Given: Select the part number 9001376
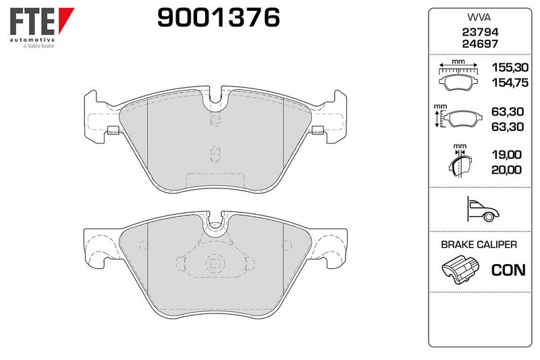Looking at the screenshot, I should [x=218, y=18].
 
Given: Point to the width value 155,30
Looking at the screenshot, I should [x=510, y=69].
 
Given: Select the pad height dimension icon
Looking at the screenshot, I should [x=454, y=118].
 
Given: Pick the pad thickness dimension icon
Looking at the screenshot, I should [x=459, y=161].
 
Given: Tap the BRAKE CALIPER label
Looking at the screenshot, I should [x=479, y=245].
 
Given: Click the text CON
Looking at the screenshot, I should [x=508, y=270].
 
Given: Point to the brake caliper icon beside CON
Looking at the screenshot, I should [x=459, y=272].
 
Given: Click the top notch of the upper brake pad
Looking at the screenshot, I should [x=216, y=101].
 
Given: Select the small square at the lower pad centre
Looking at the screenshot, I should [x=215, y=263].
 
